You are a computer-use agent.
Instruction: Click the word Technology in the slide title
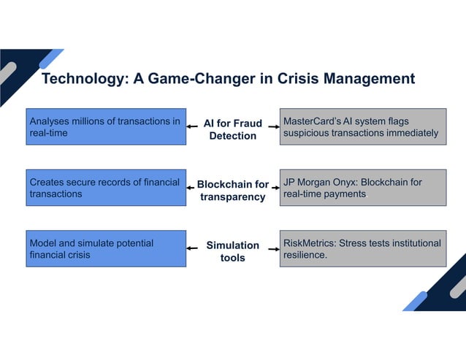click(83, 79)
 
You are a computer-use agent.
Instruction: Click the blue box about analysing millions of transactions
click(106, 127)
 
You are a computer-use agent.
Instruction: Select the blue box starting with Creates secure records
click(106, 188)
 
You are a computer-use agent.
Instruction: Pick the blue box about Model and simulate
click(106, 248)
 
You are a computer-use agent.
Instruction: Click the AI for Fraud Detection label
click(233, 129)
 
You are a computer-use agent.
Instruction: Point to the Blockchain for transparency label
click(233, 191)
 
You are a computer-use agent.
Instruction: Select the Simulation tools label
click(233, 251)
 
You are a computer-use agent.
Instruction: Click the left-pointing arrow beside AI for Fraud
click(193, 127)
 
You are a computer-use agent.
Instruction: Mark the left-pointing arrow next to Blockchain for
click(193, 188)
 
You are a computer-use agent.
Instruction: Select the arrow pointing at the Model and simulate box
click(193, 248)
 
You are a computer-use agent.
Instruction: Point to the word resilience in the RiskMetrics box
click(305, 256)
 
